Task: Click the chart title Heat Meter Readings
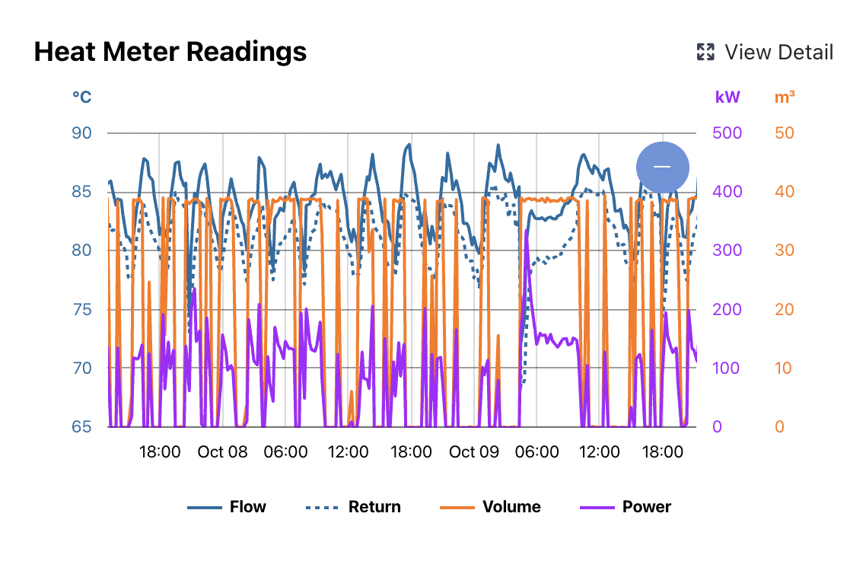170,52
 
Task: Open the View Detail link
778,53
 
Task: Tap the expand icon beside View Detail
705,53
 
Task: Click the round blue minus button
662,167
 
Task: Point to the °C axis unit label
81,97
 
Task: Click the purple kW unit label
727,97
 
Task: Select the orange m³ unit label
785,97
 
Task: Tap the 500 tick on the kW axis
727,133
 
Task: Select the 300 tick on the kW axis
727,250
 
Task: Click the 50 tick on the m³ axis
784,133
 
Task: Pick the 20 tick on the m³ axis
784,310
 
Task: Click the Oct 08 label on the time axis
222,451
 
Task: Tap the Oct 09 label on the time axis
473,451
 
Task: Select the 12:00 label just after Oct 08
348,451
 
